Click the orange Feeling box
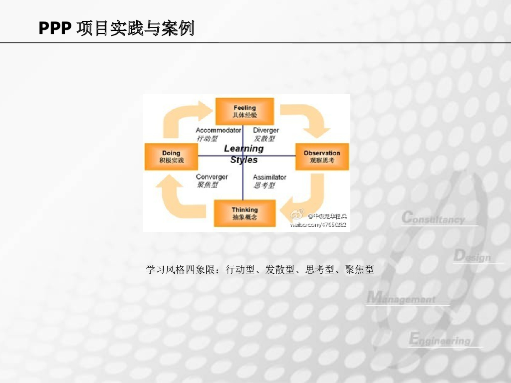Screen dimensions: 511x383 click(245, 111)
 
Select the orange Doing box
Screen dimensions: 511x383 click(171, 157)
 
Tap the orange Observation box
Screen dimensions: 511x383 click(322, 157)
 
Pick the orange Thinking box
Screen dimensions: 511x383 click(245, 213)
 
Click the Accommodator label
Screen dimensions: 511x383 click(218, 130)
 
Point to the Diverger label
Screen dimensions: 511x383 click(266, 130)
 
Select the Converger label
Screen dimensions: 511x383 click(212, 177)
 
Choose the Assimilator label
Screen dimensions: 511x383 click(269, 177)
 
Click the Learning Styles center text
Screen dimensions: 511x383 click(244, 154)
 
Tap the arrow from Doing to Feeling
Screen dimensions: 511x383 click(182, 117)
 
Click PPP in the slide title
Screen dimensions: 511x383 click(55, 28)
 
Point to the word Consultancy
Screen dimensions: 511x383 click(433, 218)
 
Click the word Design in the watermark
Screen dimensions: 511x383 click(472, 257)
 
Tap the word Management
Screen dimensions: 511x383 click(401, 299)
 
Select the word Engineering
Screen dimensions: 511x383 click(440, 340)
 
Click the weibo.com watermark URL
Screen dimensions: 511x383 click(318, 225)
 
